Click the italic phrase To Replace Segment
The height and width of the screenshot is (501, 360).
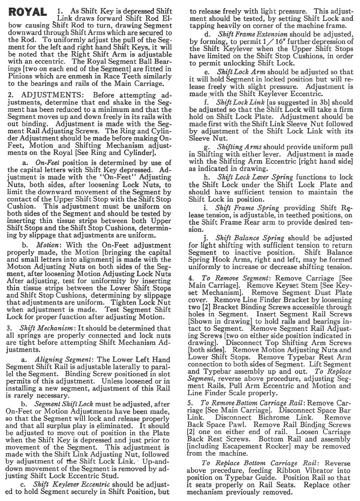[333, 371]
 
